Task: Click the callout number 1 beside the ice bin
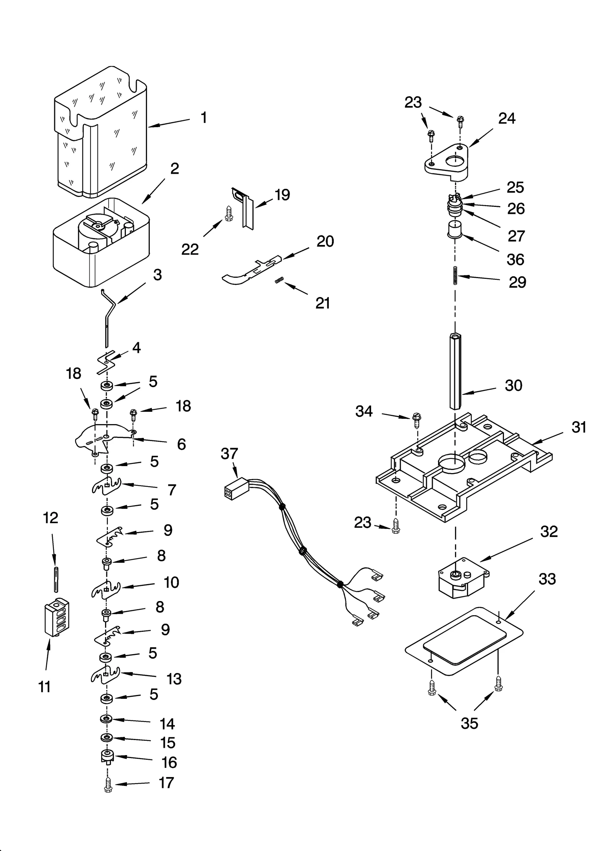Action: [x=204, y=117]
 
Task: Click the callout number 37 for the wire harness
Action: [x=229, y=453]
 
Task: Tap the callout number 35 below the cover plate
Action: [x=469, y=723]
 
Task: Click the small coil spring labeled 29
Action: [x=455, y=275]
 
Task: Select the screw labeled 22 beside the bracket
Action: [x=228, y=213]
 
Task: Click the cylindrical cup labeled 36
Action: [x=455, y=230]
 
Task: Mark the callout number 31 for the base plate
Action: [x=579, y=427]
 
